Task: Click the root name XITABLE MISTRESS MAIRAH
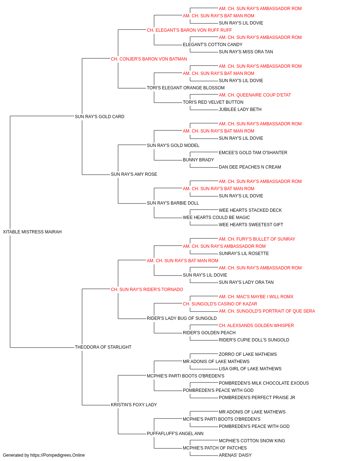(x=32, y=232)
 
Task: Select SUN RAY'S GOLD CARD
(x=99, y=116)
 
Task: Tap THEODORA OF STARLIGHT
(x=103, y=347)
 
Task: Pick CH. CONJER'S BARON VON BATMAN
(x=149, y=59)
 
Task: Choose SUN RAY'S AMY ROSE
(x=134, y=174)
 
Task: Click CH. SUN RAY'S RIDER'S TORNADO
(x=147, y=289)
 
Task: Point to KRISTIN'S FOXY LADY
(x=134, y=404)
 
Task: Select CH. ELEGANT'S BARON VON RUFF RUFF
(x=189, y=30)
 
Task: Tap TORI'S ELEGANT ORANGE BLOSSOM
(x=186, y=88)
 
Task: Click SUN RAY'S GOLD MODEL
(x=173, y=145)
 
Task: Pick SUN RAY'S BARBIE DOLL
(x=173, y=203)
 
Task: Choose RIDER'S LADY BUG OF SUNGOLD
(x=182, y=318)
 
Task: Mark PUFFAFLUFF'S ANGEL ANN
(x=175, y=433)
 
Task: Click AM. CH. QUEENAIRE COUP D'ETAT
(x=255, y=95)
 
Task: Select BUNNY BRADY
(x=198, y=160)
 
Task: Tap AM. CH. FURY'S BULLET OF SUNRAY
(x=257, y=239)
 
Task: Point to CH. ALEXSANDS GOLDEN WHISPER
(x=256, y=326)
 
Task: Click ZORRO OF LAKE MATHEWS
(x=248, y=354)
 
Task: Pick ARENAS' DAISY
(x=235, y=455)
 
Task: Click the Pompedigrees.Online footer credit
(x=44, y=455)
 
